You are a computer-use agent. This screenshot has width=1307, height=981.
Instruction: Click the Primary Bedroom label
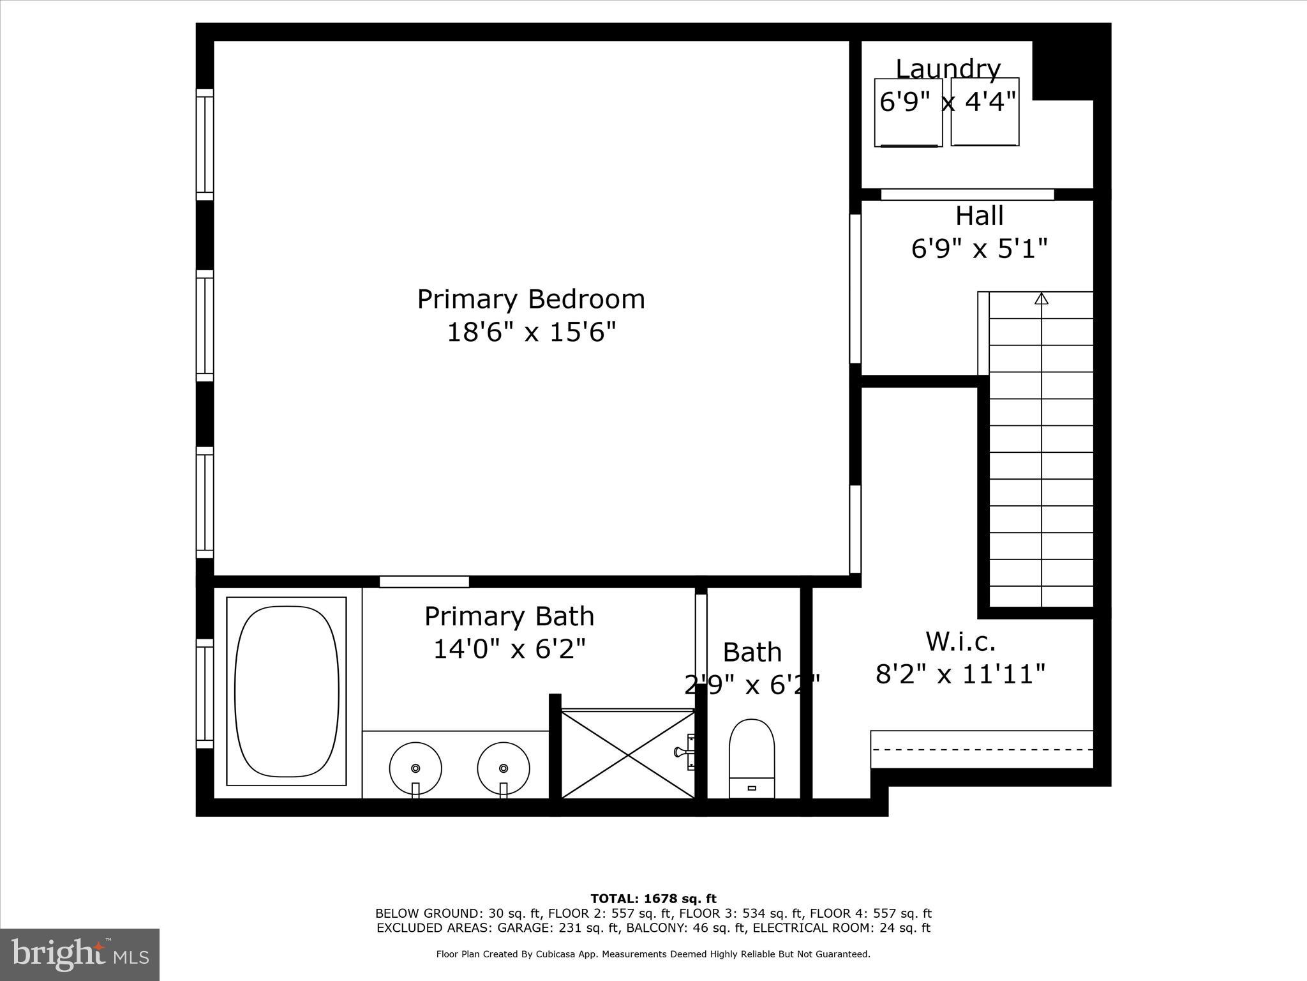pos(531,300)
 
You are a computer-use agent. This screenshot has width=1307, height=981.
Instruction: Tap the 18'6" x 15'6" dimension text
pos(531,333)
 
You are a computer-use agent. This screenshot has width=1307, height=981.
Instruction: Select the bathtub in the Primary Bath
pos(287,691)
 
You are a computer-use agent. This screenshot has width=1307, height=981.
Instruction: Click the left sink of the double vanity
pos(415,767)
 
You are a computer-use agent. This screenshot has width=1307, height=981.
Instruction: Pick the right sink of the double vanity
pos(504,767)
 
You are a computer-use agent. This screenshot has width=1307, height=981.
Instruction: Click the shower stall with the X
pos(628,754)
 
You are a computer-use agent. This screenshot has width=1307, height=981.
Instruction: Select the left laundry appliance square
pos(908,112)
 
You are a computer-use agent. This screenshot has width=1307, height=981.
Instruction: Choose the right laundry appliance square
pos(985,112)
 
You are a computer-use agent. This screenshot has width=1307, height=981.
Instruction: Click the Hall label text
pos(979,216)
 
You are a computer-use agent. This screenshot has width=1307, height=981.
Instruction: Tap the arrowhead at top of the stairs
pos(1042,298)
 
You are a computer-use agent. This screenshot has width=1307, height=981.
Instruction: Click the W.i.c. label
pos(960,641)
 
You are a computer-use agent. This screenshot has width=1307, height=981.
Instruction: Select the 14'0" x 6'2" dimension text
pos(509,650)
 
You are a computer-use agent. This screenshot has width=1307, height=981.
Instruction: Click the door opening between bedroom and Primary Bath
pos(424,582)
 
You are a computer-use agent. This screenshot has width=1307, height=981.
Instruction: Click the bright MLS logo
pos(80,954)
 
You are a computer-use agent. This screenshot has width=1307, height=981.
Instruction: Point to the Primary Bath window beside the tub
pos(204,693)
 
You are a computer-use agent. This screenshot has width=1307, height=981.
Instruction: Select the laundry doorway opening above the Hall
pos(967,194)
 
